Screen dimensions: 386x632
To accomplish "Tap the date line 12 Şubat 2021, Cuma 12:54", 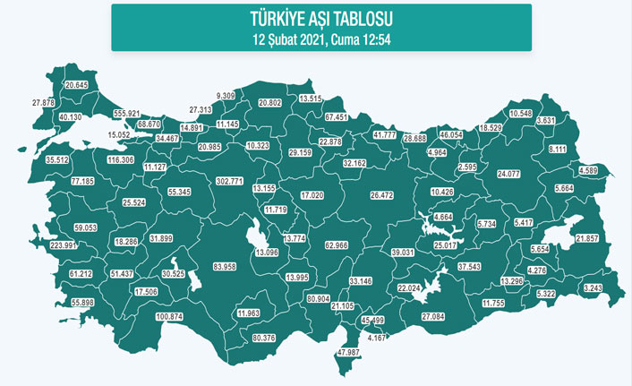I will (x=320, y=38).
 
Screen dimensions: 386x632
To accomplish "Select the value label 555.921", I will (x=128, y=114).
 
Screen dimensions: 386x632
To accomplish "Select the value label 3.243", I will (x=593, y=287).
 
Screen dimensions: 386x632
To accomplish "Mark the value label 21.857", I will (x=587, y=238).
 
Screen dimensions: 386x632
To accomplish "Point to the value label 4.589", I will (x=587, y=170).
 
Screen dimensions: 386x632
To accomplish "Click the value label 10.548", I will (x=520, y=114).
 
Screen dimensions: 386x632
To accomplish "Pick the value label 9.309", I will (x=226, y=95).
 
